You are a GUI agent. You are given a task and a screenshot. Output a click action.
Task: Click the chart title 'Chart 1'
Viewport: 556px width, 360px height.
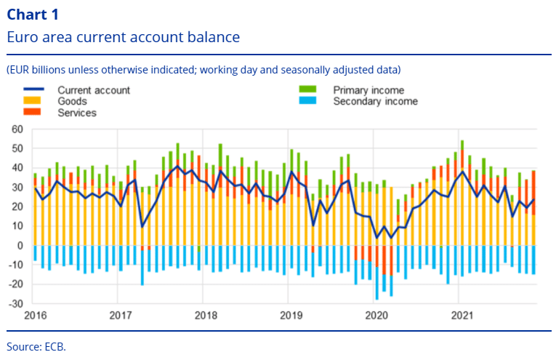point(33,14)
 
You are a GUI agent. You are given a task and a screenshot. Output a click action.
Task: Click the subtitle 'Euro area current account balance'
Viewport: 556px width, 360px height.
point(123,36)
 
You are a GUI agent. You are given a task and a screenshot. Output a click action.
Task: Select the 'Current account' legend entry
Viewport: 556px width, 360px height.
point(94,90)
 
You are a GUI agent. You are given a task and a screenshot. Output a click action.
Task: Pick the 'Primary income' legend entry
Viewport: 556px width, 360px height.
point(368,90)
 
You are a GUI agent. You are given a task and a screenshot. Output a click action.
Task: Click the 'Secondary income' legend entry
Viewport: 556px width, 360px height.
point(375,101)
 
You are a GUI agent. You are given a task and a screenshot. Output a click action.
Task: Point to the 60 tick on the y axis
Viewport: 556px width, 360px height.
point(17,129)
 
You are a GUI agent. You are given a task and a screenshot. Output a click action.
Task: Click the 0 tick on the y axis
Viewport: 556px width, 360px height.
point(21,246)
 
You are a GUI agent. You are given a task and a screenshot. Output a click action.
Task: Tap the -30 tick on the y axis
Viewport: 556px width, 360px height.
point(16,303)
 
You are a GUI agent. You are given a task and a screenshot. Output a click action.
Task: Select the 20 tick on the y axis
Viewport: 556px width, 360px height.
point(17,207)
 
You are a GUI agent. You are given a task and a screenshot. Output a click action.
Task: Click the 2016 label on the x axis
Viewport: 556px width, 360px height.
point(35,316)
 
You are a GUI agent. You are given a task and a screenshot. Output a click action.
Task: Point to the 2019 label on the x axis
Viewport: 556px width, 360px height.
point(291,316)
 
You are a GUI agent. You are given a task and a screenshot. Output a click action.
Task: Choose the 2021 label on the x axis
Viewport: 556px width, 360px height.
point(462,316)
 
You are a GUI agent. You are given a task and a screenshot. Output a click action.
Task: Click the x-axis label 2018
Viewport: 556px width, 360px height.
point(206,316)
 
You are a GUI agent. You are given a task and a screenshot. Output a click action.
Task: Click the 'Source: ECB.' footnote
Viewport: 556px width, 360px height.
point(36,347)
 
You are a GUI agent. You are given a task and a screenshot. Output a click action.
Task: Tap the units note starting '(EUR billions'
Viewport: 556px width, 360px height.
point(204,70)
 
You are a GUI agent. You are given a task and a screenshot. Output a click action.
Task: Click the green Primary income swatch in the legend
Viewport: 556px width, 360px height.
point(307,90)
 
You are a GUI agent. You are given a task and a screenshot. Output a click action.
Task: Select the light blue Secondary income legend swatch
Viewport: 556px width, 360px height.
point(307,101)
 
